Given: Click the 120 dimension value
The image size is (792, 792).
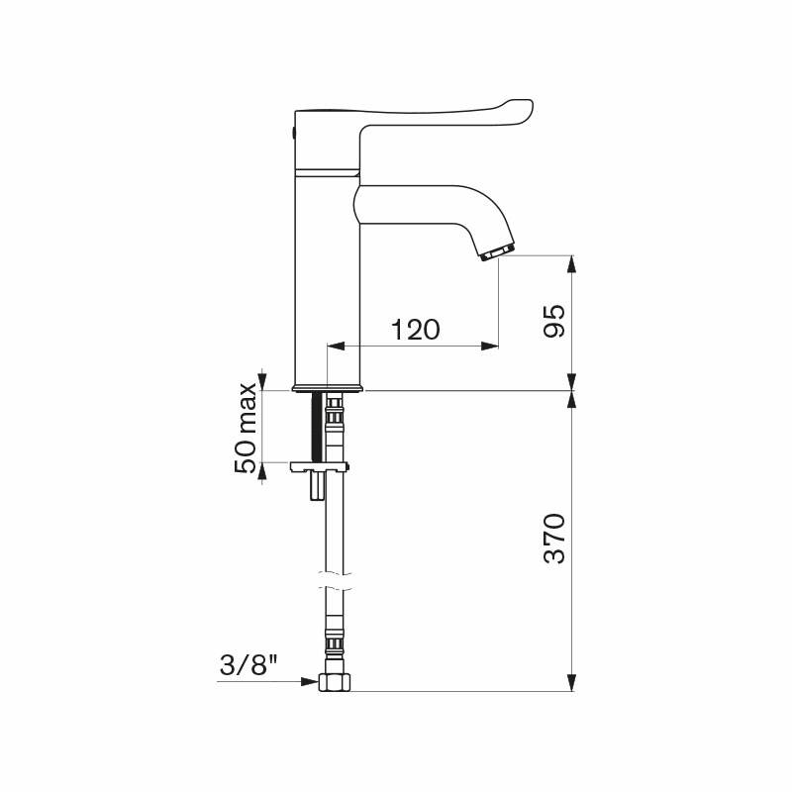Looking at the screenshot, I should [415, 330].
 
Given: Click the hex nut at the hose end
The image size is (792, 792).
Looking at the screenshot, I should [334, 682].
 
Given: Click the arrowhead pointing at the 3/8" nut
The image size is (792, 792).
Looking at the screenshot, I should [311, 681].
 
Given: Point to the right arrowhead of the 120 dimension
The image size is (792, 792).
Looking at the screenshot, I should [490, 346].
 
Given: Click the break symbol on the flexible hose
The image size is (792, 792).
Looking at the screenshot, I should [334, 579].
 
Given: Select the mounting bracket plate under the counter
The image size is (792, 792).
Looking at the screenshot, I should [320, 465].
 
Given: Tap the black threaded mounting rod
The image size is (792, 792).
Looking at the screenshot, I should [318, 426].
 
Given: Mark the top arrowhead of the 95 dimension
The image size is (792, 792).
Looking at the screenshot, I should [571, 262].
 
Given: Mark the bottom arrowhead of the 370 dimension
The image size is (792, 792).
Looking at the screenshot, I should [571, 682].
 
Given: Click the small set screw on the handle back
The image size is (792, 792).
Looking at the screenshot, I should [294, 132].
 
